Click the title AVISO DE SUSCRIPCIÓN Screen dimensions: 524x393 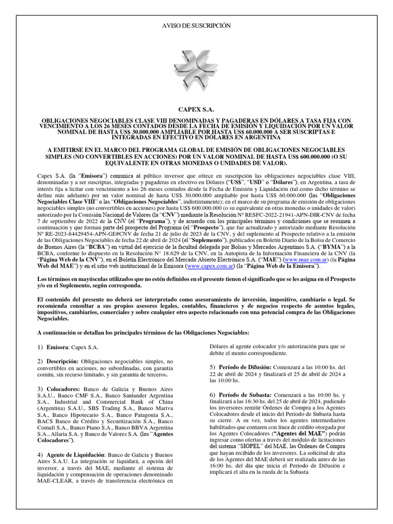coord(196,25)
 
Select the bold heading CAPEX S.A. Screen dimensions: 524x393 coord(196,109)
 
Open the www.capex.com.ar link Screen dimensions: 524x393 coord(211,267)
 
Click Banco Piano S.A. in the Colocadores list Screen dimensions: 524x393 coord(92,427)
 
